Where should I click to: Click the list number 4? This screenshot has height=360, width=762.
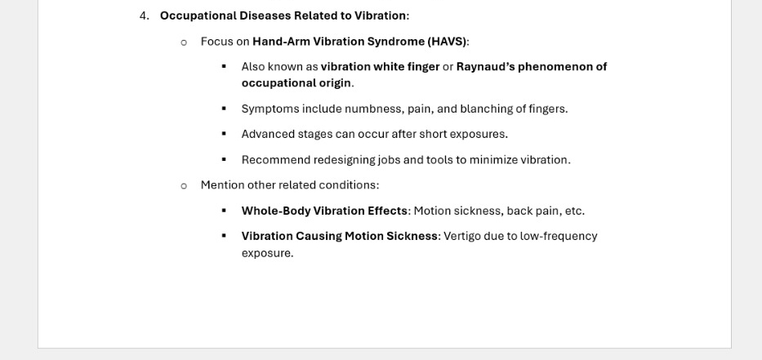[x=143, y=16]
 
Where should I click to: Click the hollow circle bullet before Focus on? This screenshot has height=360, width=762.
[x=184, y=42]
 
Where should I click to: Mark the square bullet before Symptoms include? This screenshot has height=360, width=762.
[x=224, y=109]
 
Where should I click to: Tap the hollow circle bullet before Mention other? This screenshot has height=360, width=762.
[x=184, y=185]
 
